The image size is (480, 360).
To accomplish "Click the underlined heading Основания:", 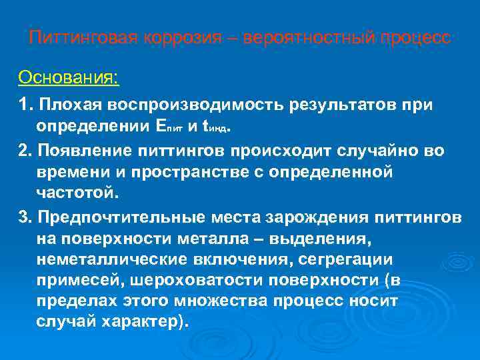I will click(69, 77).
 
